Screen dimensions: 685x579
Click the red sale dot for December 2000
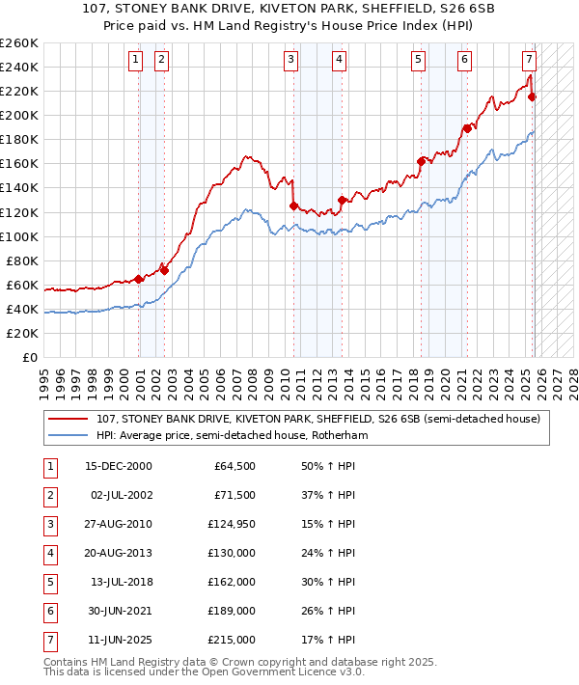pyautogui.click(x=139, y=279)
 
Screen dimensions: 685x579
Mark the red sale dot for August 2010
pyautogui.click(x=292, y=205)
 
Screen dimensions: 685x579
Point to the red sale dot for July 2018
pyautogui.click(x=421, y=161)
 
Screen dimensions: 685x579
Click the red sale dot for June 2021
pyautogui.click(x=467, y=128)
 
